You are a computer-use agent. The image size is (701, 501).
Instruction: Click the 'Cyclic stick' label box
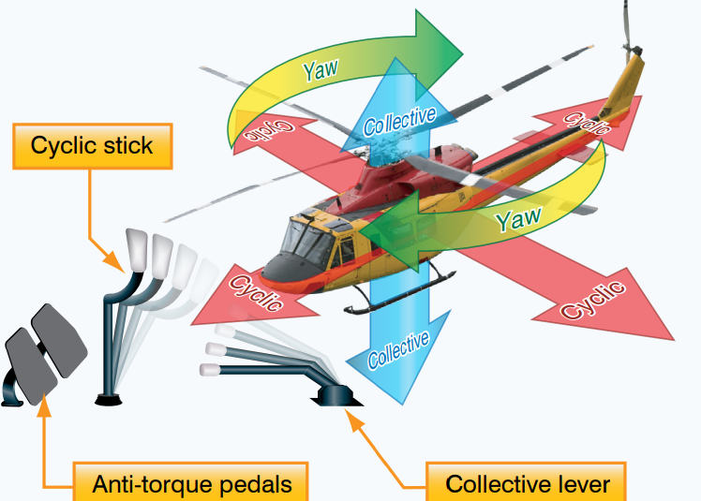click(91, 147)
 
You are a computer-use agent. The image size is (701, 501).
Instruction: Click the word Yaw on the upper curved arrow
click(322, 66)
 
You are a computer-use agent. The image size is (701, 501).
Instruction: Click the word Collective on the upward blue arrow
click(399, 121)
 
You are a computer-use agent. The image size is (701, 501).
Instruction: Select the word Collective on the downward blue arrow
click(398, 349)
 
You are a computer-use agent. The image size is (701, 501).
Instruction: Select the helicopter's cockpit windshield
click(306, 235)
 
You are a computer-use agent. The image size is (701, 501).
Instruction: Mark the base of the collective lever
click(336, 396)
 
